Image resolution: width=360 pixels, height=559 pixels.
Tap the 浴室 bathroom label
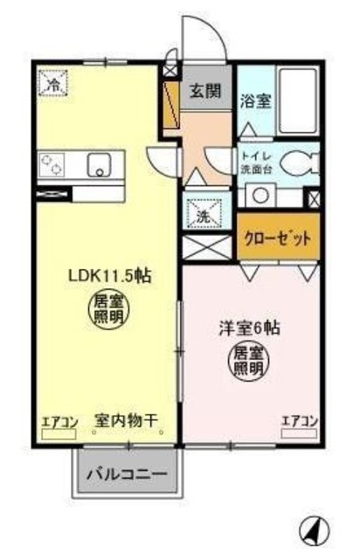point(255,100)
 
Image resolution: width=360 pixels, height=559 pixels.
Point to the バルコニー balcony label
point(133,478)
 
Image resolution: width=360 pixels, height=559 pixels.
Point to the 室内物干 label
point(128,422)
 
